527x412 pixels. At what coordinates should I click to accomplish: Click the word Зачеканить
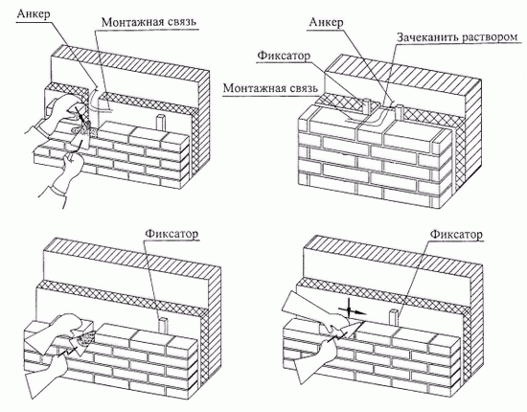[426, 37]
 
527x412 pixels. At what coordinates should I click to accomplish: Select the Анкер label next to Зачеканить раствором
[326, 22]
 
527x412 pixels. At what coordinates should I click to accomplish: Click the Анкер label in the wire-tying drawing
[34, 14]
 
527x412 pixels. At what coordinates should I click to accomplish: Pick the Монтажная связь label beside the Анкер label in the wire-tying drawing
[149, 22]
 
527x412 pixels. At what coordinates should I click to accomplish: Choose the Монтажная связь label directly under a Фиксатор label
[270, 88]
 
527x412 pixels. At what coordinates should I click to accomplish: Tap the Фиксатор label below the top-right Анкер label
[284, 56]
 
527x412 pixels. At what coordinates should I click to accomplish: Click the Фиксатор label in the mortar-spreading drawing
[172, 234]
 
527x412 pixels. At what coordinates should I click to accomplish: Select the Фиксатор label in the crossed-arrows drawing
[456, 234]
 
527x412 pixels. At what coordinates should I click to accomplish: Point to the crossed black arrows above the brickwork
[350, 309]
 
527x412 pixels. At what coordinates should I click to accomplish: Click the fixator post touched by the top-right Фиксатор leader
[367, 106]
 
